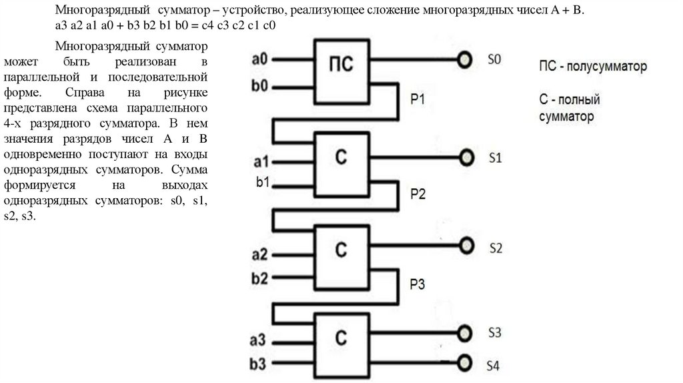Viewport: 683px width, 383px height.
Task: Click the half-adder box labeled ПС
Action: [341, 70]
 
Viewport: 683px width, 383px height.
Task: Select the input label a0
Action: [259, 59]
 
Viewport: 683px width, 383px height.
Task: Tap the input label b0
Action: [259, 86]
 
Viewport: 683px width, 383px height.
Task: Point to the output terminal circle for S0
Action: [463, 60]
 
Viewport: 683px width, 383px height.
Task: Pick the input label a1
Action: [259, 161]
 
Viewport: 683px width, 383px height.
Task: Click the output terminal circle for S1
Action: [463, 157]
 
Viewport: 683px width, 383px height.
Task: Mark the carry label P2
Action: [418, 194]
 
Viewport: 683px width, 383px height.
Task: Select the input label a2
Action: [259, 254]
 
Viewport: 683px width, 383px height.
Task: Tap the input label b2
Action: [259, 276]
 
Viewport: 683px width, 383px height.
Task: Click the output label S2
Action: [495, 248]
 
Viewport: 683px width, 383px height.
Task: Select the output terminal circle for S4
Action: [463, 362]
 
